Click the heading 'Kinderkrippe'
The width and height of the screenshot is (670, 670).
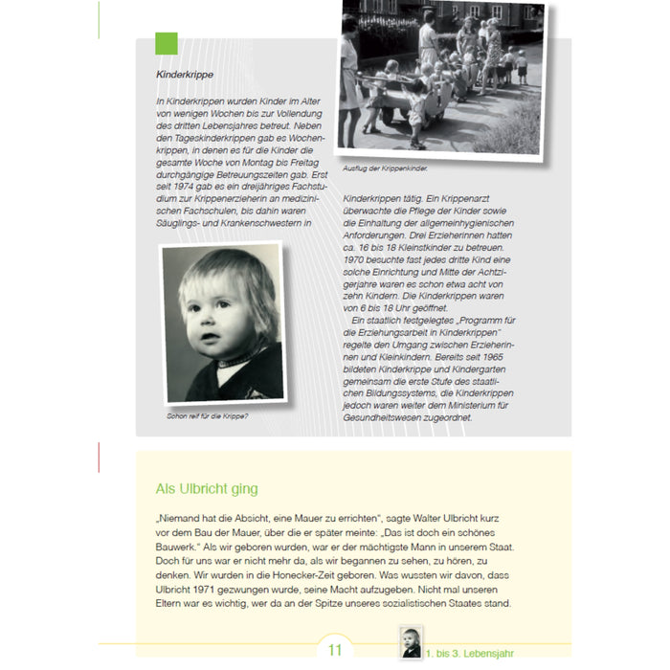click(185, 73)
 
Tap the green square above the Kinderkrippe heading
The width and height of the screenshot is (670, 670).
click(167, 43)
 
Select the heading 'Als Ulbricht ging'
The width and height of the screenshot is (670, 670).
click(206, 488)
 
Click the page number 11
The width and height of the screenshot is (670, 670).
click(335, 651)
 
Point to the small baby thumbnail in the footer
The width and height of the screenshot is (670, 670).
click(411, 642)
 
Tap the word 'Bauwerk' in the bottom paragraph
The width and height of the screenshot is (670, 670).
click(182, 545)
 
